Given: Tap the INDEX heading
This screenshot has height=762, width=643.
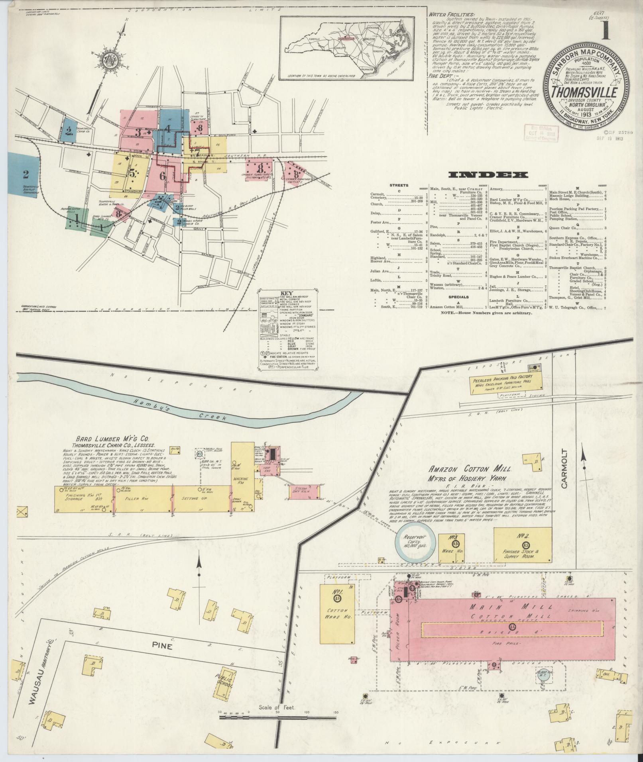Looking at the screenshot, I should [488, 175].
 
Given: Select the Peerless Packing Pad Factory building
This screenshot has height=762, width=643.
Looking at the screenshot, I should [507, 384].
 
